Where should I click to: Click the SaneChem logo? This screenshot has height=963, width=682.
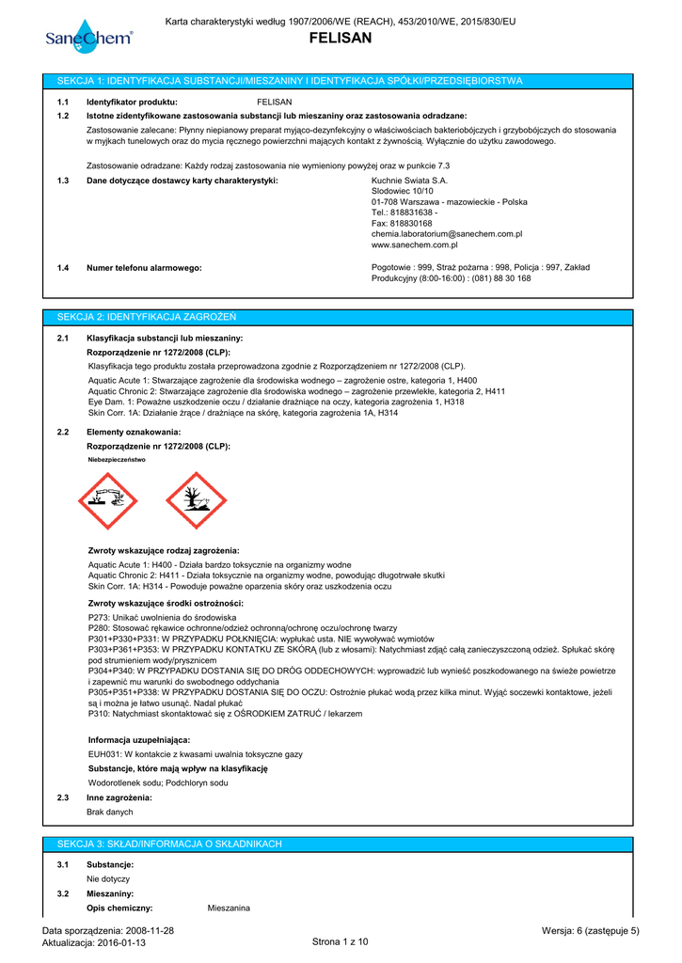(89, 37)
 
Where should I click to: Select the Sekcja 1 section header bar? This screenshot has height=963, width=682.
(340, 82)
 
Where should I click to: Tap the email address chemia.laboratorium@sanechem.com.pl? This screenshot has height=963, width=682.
(447, 233)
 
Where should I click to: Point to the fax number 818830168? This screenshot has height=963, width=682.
(402, 223)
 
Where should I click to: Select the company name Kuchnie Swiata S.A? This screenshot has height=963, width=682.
(410, 180)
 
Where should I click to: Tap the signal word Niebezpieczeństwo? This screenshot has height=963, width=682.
(117, 460)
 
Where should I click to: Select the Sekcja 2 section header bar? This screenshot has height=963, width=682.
(340, 316)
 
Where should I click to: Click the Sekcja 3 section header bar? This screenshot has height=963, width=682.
(340, 844)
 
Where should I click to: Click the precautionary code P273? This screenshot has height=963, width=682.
(98, 617)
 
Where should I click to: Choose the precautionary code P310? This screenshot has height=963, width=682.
(98, 714)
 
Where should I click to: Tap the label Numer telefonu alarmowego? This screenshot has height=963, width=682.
(144, 268)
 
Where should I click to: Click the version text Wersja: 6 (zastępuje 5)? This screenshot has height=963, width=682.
(591, 931)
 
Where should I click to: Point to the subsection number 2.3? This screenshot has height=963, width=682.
(63, 797)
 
